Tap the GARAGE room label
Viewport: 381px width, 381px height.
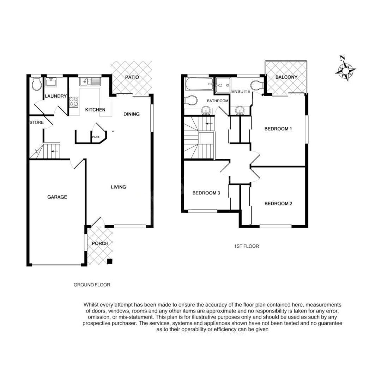(57, 197)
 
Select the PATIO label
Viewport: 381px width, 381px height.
(132, 77)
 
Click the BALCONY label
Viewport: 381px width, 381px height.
(286, 77)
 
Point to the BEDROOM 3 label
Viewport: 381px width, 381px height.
(206, 193)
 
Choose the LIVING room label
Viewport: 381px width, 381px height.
(119, 187)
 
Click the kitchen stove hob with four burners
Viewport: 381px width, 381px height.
(74, 102)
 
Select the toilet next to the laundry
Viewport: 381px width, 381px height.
(36, 84)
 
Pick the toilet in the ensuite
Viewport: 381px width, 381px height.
(257, 85)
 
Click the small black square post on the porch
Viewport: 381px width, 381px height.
(110, 261)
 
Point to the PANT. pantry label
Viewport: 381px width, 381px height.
(96, 137)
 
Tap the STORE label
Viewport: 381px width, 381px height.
(36, 123)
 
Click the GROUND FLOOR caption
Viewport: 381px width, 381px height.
(92, 285)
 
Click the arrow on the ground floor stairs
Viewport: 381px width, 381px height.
(54, 152)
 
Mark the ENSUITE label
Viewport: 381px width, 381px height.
(241, 92)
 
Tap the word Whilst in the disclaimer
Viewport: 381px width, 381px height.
(91, 304)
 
